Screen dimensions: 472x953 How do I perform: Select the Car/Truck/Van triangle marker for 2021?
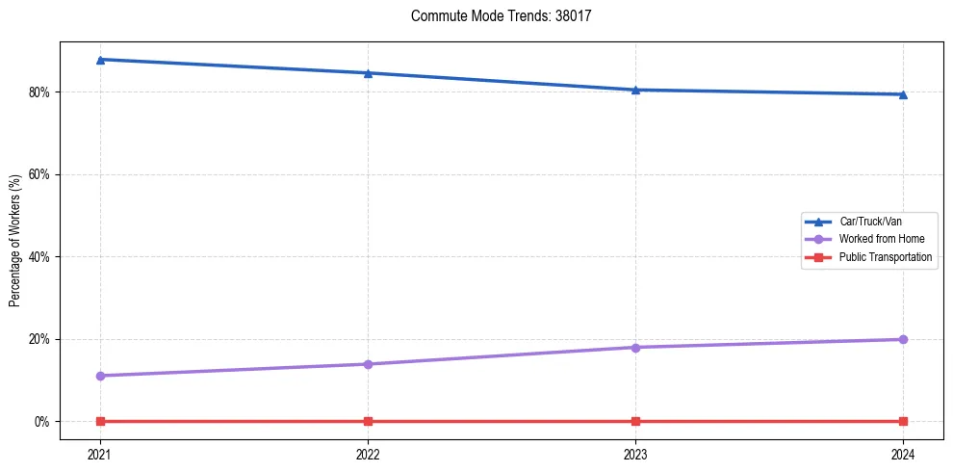100,60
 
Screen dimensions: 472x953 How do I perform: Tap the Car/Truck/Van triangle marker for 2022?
368,73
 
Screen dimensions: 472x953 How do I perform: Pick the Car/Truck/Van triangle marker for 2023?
635,90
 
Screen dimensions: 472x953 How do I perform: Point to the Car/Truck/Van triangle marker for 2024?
903,94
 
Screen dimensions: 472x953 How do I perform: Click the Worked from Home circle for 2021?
100,376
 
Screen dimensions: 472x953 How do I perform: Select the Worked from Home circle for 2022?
368,364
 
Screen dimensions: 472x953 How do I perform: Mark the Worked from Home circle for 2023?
635,347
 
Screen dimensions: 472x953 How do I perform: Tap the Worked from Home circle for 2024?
903,339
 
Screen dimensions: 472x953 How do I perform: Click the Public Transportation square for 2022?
368,421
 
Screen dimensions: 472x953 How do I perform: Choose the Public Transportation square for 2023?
635,421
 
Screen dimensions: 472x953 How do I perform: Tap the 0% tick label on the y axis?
40,422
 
